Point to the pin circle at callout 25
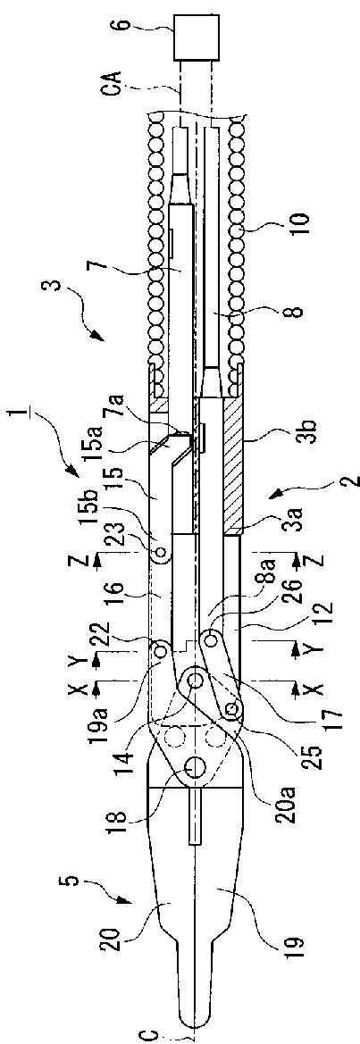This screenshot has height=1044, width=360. (x=231, y=708)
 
